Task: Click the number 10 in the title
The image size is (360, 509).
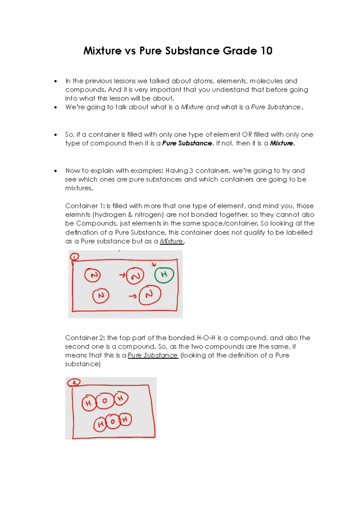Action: point(266,51)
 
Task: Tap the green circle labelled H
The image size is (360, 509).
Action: point(164,275)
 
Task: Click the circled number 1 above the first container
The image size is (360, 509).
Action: point(74,257)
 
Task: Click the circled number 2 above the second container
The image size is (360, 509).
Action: point(74,382)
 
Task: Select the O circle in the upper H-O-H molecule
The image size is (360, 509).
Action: point(105,401)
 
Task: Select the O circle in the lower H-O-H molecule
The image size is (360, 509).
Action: point(113,421)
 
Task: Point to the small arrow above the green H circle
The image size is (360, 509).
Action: point(154,264)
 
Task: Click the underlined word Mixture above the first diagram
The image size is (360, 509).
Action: point(171,241)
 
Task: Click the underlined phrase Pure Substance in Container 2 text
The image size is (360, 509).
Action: point(153,355)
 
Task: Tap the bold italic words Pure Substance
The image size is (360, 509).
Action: point(187,143)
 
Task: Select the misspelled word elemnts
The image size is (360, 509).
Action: point(78,215)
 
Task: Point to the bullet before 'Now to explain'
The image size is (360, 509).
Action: point(55,171)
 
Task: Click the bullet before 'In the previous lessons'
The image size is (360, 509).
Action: point(55,81)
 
